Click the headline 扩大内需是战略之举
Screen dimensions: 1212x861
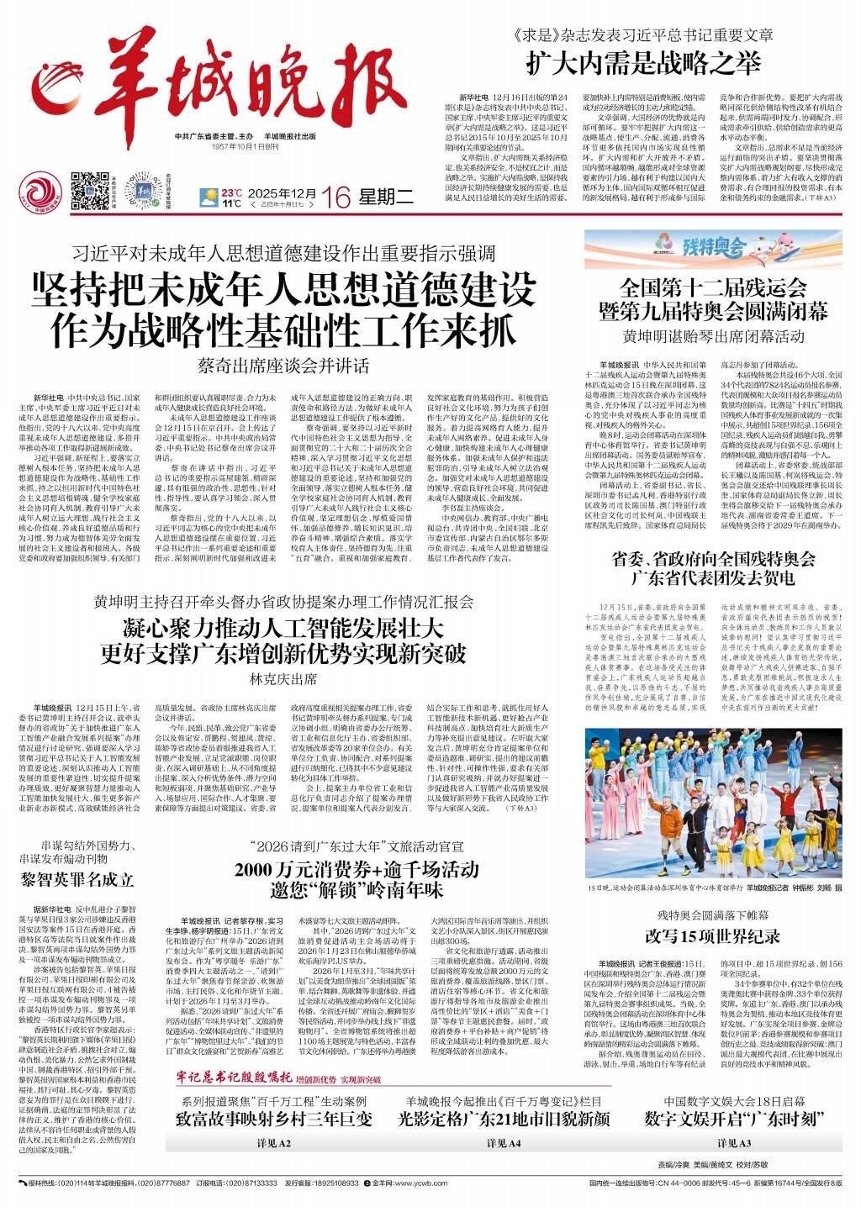(644, 62)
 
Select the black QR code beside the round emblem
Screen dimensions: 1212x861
(90, 190)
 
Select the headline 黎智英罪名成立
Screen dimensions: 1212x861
(77, 880)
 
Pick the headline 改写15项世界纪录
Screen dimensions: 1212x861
(713, 935)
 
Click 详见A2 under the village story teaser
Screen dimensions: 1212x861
(274, 1144)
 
